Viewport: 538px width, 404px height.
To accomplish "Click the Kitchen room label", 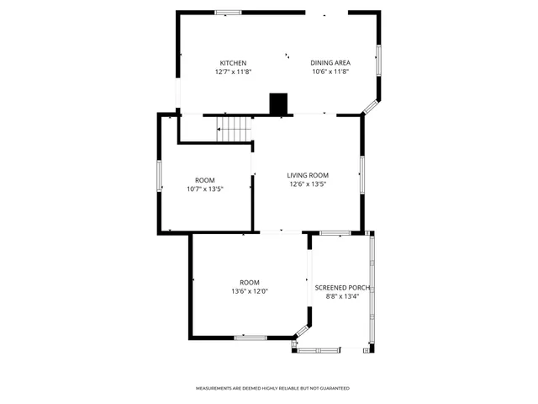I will pyautogui.click(x=233, y=63).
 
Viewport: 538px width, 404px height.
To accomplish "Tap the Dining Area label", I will pyautogui.click(x=330, y=63).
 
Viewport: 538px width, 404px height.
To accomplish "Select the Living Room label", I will pyautogui.click(x=308, y=175).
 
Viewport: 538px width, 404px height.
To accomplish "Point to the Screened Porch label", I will pyautogui.click(x=343, y=287).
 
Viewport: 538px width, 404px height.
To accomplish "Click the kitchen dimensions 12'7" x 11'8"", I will pyautogui.click(x=233, y=72).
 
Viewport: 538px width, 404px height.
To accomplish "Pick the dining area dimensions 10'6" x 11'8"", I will pyautogui.click(x=330, y=72).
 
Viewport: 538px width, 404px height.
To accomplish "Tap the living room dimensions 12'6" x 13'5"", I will pyautogui.click(x=308, y=184).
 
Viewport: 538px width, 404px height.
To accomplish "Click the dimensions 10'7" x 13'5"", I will pyautogui.click(x=204, y=189).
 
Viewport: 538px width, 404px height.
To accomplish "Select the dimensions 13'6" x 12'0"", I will pyautogui.click(x=250, y=291).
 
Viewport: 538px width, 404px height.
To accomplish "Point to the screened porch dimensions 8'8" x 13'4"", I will pyautogui.click(x=343, y=296).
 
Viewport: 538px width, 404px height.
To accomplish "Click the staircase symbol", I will pyautogui.click(x=235, y=128).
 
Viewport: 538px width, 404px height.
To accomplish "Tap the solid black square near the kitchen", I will pyautogui.click(x=278, y=104).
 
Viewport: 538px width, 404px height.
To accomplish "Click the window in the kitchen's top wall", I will pyautogui.click(x=226, y=12).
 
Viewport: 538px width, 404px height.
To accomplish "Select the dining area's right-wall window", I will pyautogui.click(x=377, y=61).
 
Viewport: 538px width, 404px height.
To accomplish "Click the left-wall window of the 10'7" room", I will pyautogui.click(x=160, y=176).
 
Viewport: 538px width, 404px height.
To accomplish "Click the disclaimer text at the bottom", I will pyautogui.click(x=272, y=388).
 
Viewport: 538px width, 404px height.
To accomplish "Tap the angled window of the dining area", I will pyautogui.click(x=371, y=107).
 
